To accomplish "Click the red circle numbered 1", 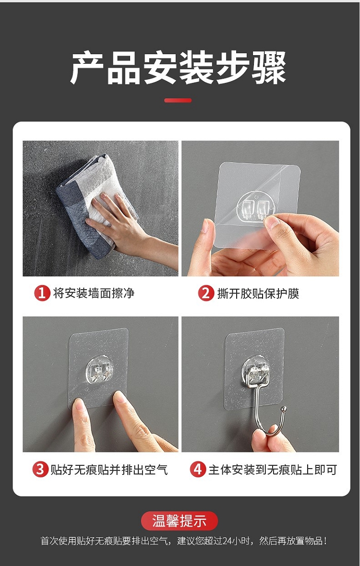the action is pos(42,293).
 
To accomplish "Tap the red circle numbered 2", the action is pos(206,293).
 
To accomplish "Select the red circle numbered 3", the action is pos(40,470).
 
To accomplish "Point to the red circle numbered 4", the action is pos(198,470).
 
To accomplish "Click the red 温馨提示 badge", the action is pos(180,521).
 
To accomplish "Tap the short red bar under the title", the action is pos(178,100).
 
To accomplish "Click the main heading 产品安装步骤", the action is pos(179,68).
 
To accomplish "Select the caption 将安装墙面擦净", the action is pos(94,293).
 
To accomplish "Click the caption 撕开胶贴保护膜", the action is pos(258,293).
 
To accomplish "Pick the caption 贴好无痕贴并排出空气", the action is pos(109,470).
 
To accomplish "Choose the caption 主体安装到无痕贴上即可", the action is pos(273,470).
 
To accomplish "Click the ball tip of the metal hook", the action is pos(284,409).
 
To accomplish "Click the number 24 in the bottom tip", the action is pos(228,541).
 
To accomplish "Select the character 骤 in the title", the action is pos(269,68).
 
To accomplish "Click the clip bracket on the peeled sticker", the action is pos(256,209).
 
